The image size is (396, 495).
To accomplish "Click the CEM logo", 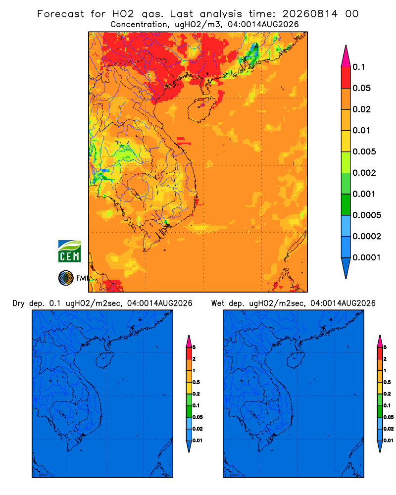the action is [x=69, y=251].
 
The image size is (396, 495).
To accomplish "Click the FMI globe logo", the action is [x=66, y=278].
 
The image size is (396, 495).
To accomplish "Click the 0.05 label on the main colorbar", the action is [x=361, y=88].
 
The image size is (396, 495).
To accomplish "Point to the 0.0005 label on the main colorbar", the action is [x=367, y=215].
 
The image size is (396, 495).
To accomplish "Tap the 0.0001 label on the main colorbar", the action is [x=367, y=257].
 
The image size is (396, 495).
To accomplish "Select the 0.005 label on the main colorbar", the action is [x=364, y=151].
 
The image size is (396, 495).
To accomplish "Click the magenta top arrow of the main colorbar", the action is [x=346, y=56].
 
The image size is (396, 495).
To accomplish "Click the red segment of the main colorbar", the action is [x=346, y=78].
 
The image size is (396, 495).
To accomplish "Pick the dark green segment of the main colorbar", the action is [x=346, y=204].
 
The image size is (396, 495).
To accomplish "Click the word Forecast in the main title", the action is [x=60, y=14].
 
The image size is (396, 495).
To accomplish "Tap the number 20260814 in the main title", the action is [x=310, y=14].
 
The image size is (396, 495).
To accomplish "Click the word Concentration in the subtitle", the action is [x=139, y=24].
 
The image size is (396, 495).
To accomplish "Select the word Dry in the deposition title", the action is [x=18, y=303].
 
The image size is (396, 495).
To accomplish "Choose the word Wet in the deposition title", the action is [x=217, y=303].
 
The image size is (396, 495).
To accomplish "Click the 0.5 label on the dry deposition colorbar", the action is [x=196, y=382].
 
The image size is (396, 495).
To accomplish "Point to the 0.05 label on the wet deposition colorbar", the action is [x=389, y=417].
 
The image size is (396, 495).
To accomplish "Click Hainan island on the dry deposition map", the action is [x=104, y=360].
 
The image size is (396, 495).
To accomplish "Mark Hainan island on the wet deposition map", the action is [x=296, y=360].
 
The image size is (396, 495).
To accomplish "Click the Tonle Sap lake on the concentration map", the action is [x=134, y=193].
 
